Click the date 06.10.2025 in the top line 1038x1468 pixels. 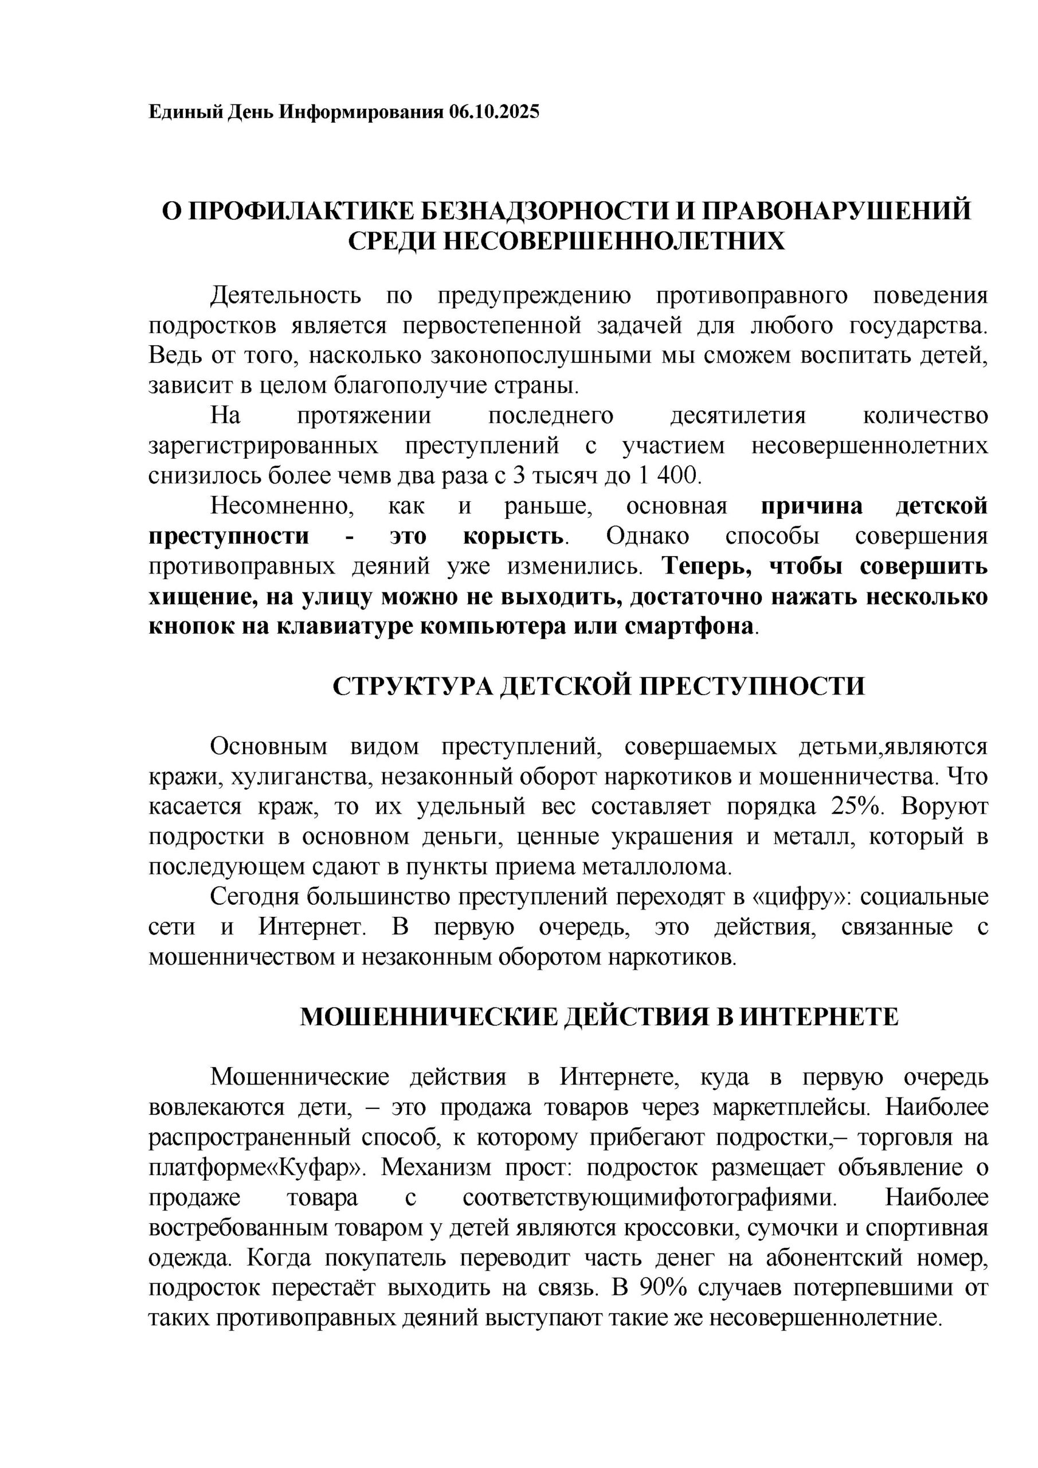point(494,112)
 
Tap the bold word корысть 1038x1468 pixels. point(512,536)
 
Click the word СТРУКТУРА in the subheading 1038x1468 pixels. point(412,686)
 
